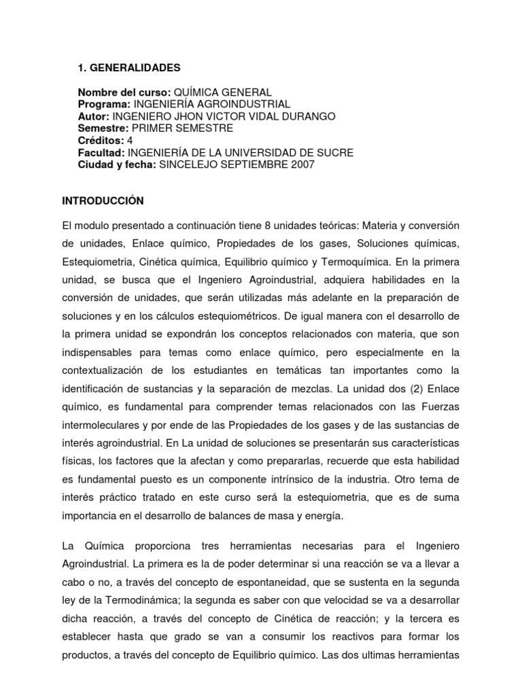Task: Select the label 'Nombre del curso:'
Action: point(124,92)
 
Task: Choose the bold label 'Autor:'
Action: point(93,116)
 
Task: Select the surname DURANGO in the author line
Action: point(290,116)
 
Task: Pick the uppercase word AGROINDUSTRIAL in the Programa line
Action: point(245,104)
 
